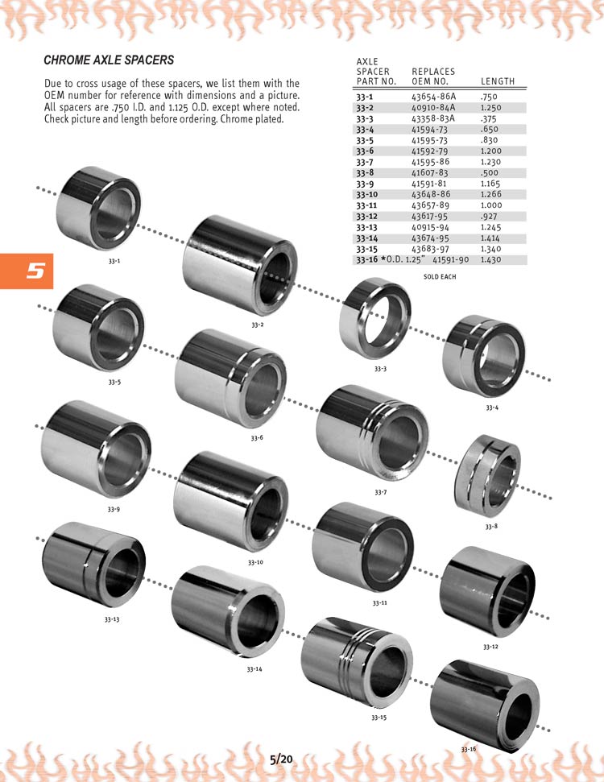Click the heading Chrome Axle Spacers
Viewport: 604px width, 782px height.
(109, 60)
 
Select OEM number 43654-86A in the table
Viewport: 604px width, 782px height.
(433, 97)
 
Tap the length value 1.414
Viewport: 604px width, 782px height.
(490, 238)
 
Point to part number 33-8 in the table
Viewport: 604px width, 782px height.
(365, 173)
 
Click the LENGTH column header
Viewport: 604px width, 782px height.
(497, 81)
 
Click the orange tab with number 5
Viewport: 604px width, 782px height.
(27, 271)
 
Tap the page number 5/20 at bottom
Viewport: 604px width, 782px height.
(281, 759)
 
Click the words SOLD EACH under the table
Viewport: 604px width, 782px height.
(440, 277)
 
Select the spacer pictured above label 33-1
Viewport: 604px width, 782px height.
(98, 208)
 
